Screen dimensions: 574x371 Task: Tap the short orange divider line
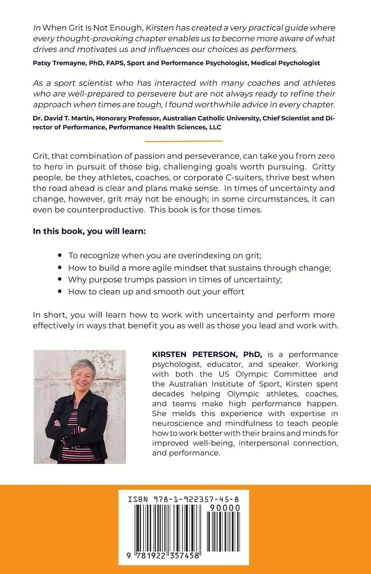(x=183, y=141)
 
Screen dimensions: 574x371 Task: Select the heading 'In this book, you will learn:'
(x=89, y=232)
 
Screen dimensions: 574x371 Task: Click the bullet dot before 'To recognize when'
(x=60, y=255)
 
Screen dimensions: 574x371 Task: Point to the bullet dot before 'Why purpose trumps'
(x=60, y=279)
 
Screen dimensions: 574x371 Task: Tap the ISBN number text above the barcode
(x=183, y=499)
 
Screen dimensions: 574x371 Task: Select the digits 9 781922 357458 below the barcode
(x=164, y=556)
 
